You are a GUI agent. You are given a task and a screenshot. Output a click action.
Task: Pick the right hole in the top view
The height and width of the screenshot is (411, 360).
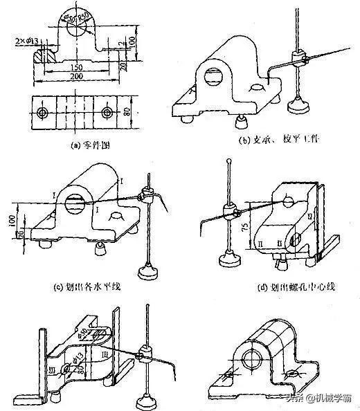pyautogui.click(x=105, y=112)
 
